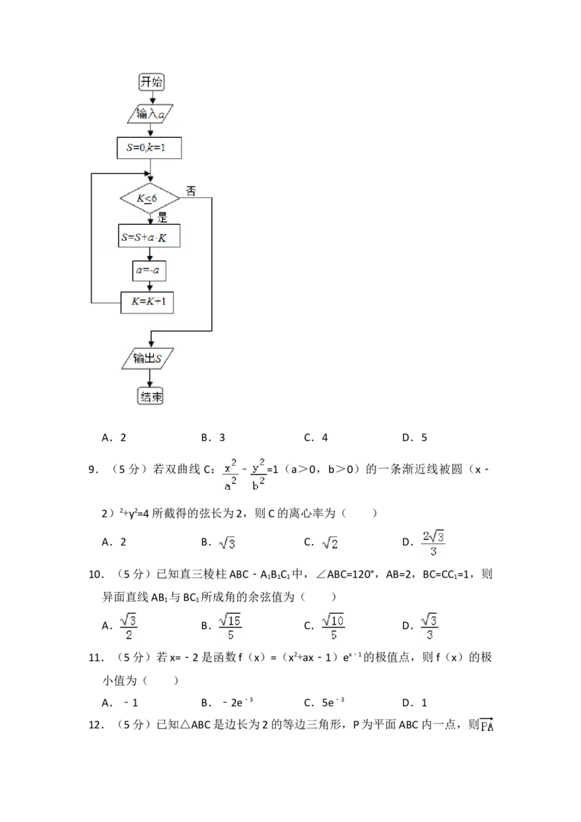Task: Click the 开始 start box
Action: click(x=152, y=82)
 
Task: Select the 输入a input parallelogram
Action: click(x=151, y=115)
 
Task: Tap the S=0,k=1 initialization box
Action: click(x=148, y=148)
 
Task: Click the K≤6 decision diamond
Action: click(x=150, y=198)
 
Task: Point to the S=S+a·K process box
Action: click(x=148, y=237)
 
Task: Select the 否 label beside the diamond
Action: click(x=191, y=191)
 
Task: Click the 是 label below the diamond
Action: click(x=162, y=217)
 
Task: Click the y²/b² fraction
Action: click(x=259, y=474)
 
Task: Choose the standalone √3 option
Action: click(x=227, y=543)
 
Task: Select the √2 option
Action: click(x=331, y=543)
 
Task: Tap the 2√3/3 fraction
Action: click(x=433, y=543)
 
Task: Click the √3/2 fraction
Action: click(x=128, y=627)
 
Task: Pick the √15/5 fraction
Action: click(x=229, y=627)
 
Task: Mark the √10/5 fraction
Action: click(x=333, y=627)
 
